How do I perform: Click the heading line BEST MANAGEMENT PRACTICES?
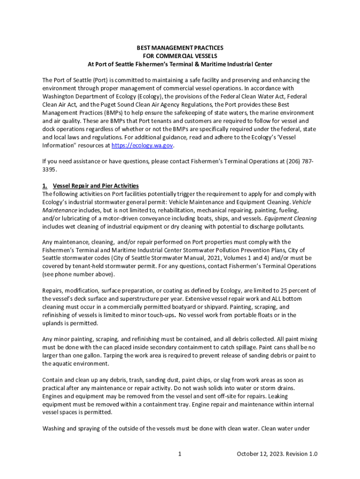click(180, 48)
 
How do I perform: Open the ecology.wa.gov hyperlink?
click(142, 146)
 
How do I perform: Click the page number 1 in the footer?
click(180, 454)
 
